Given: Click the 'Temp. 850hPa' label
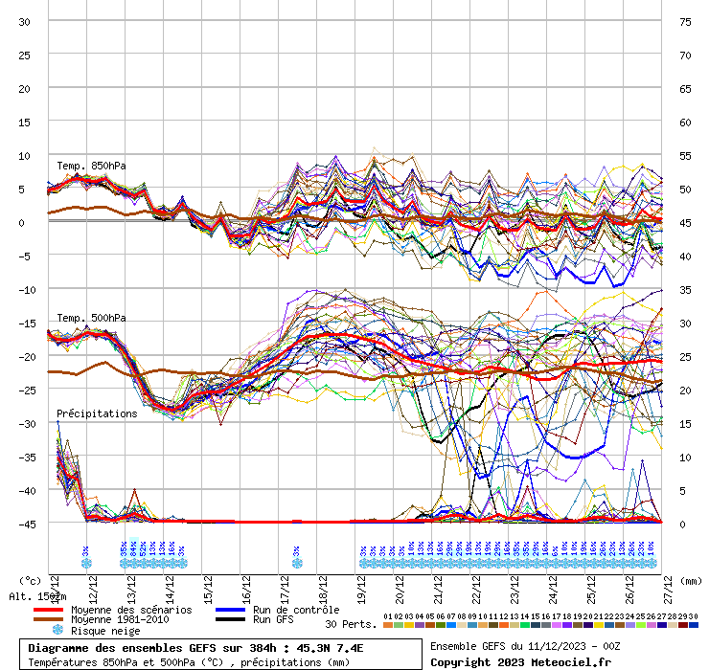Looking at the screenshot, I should [x=91, y=165].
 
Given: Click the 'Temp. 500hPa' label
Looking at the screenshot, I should [x=91, y=318].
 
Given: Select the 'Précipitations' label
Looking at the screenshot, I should [x=97, y=413].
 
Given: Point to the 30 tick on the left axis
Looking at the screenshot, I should [x=25, y=21].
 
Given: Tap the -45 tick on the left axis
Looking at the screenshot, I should [x=25, y=524].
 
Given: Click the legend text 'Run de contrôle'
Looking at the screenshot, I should [x=296, y=610].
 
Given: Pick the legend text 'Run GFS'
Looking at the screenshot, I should [x=273, y=620].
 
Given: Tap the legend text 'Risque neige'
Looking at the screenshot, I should [x=105, y=631].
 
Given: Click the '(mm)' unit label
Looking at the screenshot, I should [x=691, y=580].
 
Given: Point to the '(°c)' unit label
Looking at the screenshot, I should [x=30, y=580].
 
